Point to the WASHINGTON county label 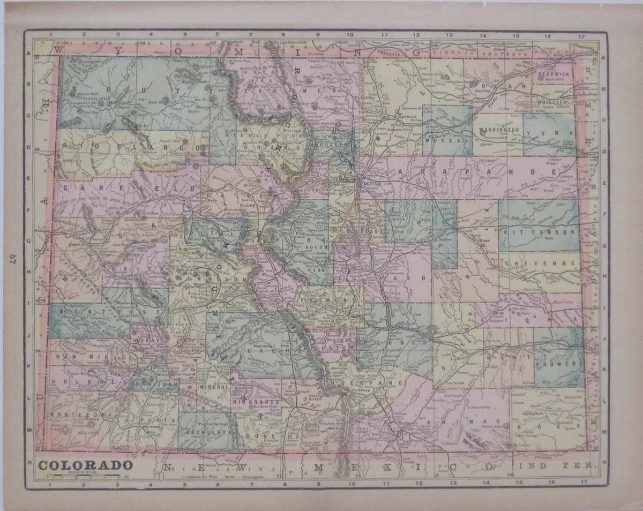[x=499, y=130]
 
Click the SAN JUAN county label [x=149, y=384]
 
